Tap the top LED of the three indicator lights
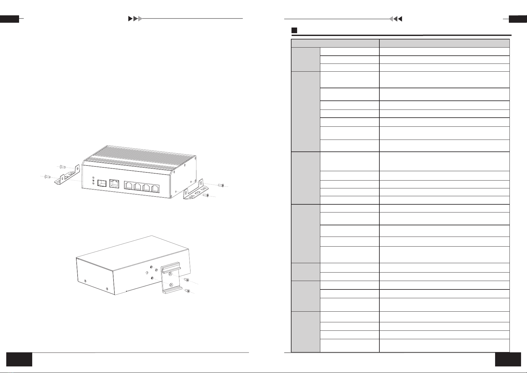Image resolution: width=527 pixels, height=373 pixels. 93,178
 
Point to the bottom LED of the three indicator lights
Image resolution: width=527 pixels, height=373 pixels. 93,183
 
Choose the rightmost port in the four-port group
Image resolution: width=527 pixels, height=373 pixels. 155,188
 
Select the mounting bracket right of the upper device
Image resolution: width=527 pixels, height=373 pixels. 196,190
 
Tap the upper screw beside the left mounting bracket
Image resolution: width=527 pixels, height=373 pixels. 62,166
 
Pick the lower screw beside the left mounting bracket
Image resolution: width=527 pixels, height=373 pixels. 48,176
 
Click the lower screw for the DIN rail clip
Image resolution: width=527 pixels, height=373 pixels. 187,291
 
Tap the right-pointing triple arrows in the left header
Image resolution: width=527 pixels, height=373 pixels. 135,19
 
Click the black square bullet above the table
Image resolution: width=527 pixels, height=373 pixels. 294,31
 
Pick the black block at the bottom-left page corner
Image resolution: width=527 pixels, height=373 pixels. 19,359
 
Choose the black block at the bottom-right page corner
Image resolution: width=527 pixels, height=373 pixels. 508,359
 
